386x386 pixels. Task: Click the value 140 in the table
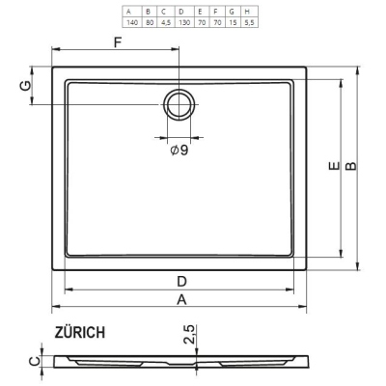[x=132, y=23]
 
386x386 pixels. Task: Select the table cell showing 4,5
[x=166, y=23]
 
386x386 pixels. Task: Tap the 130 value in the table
[x=184, y=23]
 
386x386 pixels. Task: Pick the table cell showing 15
[x=234, y=23]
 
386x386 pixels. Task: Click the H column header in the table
[x=247, y=12]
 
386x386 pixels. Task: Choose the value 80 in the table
[x=150, y=23]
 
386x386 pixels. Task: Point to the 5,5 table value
[x=249, y=23]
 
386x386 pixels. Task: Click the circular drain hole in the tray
[x=179, y=105]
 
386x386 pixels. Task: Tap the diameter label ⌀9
[x=179, y=150]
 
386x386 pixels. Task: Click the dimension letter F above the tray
[x=118, y=42]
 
